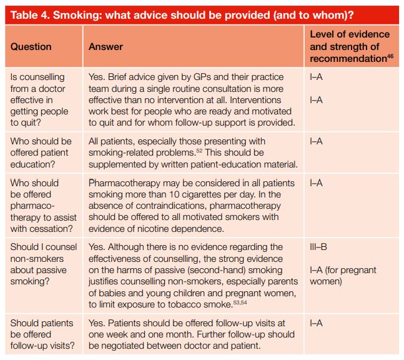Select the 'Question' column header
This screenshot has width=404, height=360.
click(31, 47)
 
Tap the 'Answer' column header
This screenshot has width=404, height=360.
click(106, 47)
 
